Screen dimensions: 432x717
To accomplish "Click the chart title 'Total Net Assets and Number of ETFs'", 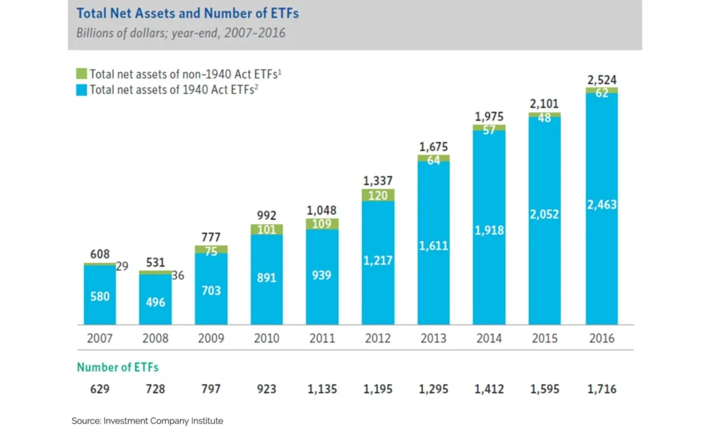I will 186,13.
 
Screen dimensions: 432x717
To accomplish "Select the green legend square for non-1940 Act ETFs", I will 81,74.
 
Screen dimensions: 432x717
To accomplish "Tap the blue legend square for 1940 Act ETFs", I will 81,90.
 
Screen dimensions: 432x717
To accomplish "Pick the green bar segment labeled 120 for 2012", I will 378,195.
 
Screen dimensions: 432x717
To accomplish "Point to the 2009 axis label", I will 211,338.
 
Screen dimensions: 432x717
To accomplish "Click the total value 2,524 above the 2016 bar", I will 601,79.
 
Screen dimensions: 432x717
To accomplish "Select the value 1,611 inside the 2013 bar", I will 433,246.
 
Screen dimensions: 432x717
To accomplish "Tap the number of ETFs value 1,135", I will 323,389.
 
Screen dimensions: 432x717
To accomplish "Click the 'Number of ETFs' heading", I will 118,367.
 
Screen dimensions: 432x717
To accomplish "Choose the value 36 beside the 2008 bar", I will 178,276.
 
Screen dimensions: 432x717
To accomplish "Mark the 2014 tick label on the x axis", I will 489,338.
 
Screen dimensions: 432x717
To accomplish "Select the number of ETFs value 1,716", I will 601,389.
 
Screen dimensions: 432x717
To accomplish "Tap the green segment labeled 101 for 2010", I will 267,230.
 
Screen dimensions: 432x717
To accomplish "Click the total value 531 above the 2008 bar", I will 155,262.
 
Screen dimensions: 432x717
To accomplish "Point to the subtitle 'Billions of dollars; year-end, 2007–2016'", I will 181,33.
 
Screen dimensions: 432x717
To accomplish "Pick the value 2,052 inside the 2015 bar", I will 545,214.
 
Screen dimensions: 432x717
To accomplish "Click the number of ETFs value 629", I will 99,389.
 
